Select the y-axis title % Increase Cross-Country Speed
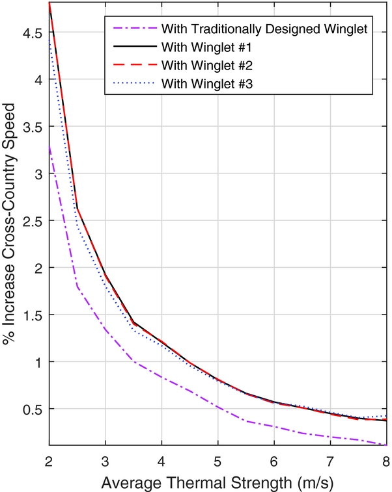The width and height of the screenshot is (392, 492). (x=11, y=225)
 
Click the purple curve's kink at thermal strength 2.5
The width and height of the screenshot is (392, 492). (x=77, y=286)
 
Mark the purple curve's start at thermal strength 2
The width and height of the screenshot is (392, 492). (x=49, y=147)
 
